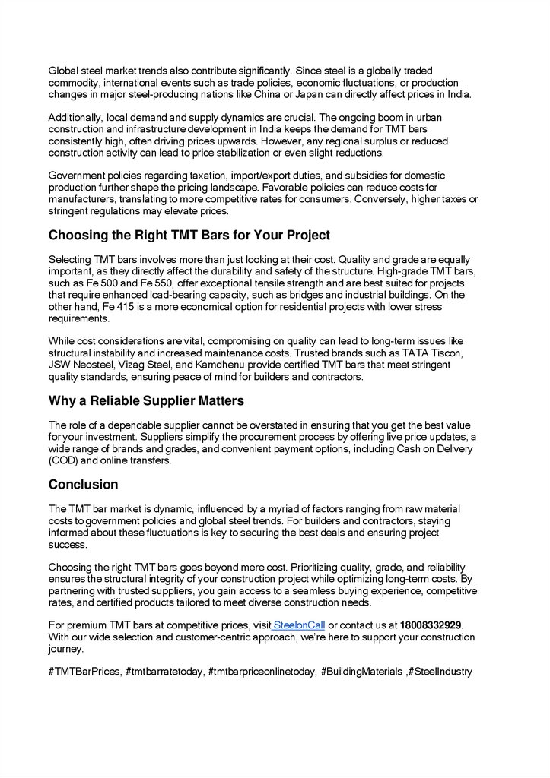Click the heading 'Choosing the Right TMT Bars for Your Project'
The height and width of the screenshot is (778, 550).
[189, 235]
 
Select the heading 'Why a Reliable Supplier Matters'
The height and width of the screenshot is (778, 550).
[146, 400]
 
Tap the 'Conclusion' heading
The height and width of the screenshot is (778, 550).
[83, 484]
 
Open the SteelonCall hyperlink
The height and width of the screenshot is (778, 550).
[299, 625]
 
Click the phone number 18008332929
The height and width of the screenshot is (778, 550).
[431, 625]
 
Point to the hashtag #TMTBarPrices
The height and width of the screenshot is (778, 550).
[84, 672]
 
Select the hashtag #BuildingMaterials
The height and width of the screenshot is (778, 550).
[362, 672]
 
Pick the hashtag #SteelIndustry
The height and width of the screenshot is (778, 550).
[442, 672]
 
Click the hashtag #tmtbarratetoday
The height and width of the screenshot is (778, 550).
[164, 672]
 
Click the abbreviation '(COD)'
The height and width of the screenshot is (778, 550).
[66, 460]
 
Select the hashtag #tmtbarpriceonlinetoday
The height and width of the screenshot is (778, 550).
[261, 672]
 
